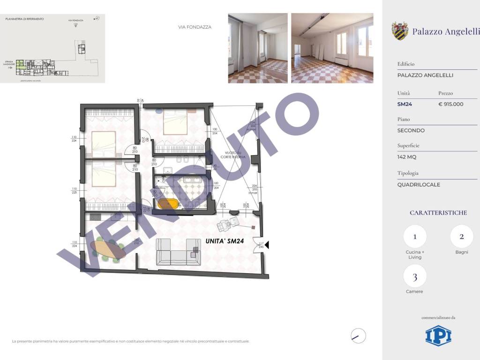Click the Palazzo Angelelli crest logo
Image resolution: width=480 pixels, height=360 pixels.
(x=400, y=31)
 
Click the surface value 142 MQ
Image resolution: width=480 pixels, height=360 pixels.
(x=406, y=157)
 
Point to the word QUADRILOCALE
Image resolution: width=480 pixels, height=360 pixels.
(x=419, y=185)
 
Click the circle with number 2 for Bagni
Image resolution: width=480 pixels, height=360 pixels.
(x=462, y=237)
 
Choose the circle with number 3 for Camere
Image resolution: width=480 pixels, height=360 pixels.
(x=415, y=276)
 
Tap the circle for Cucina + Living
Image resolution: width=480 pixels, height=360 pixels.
(x=415, y=237)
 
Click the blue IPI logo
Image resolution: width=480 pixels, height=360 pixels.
(x=438, y=336)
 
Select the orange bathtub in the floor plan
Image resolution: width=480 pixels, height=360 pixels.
(x=168, y=204)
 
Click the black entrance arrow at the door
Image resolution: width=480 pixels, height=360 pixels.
(x=267, y=244)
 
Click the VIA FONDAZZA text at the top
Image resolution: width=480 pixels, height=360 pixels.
(x=195, y=27)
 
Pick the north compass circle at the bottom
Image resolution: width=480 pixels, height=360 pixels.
(x=358, y=336)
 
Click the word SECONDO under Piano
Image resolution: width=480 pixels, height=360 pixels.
(x=411, y=130)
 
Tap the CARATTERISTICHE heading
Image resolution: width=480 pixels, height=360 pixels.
(x=438, y=213)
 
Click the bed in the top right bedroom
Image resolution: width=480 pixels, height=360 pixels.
(x=175, y=124)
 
